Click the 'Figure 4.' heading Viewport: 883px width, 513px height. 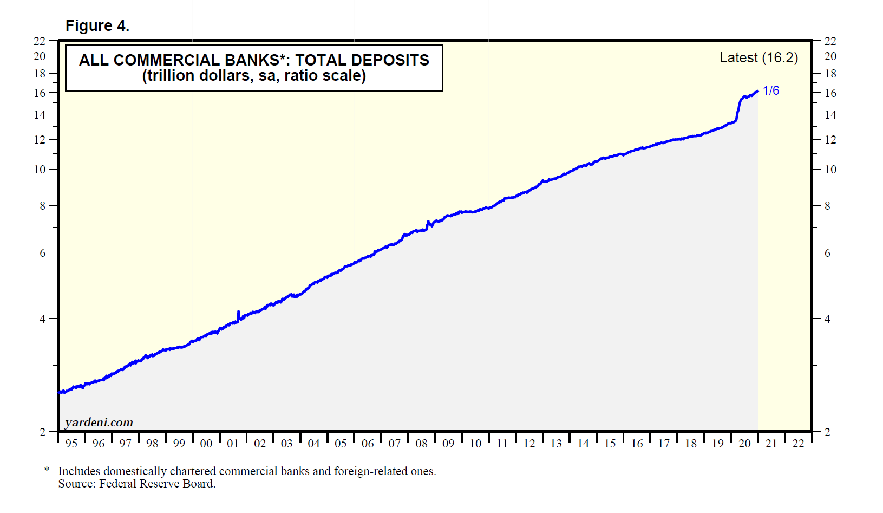97,25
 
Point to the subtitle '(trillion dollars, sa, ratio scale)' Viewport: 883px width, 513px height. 254,76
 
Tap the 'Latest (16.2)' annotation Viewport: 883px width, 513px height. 758,58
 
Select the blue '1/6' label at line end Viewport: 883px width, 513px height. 771,90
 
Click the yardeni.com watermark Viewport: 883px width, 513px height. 99,423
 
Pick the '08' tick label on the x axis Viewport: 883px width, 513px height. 421,444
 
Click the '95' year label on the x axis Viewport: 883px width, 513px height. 71,444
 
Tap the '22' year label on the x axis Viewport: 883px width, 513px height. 798,444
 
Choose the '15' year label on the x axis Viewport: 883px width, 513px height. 610,444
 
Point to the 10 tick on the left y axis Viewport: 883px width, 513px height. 40,170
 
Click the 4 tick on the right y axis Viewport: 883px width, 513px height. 827,319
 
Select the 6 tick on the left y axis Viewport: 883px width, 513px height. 42,253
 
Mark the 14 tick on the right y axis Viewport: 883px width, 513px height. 830,115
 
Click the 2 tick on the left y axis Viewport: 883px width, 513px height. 42,432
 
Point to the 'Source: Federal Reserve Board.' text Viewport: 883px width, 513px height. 137,484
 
